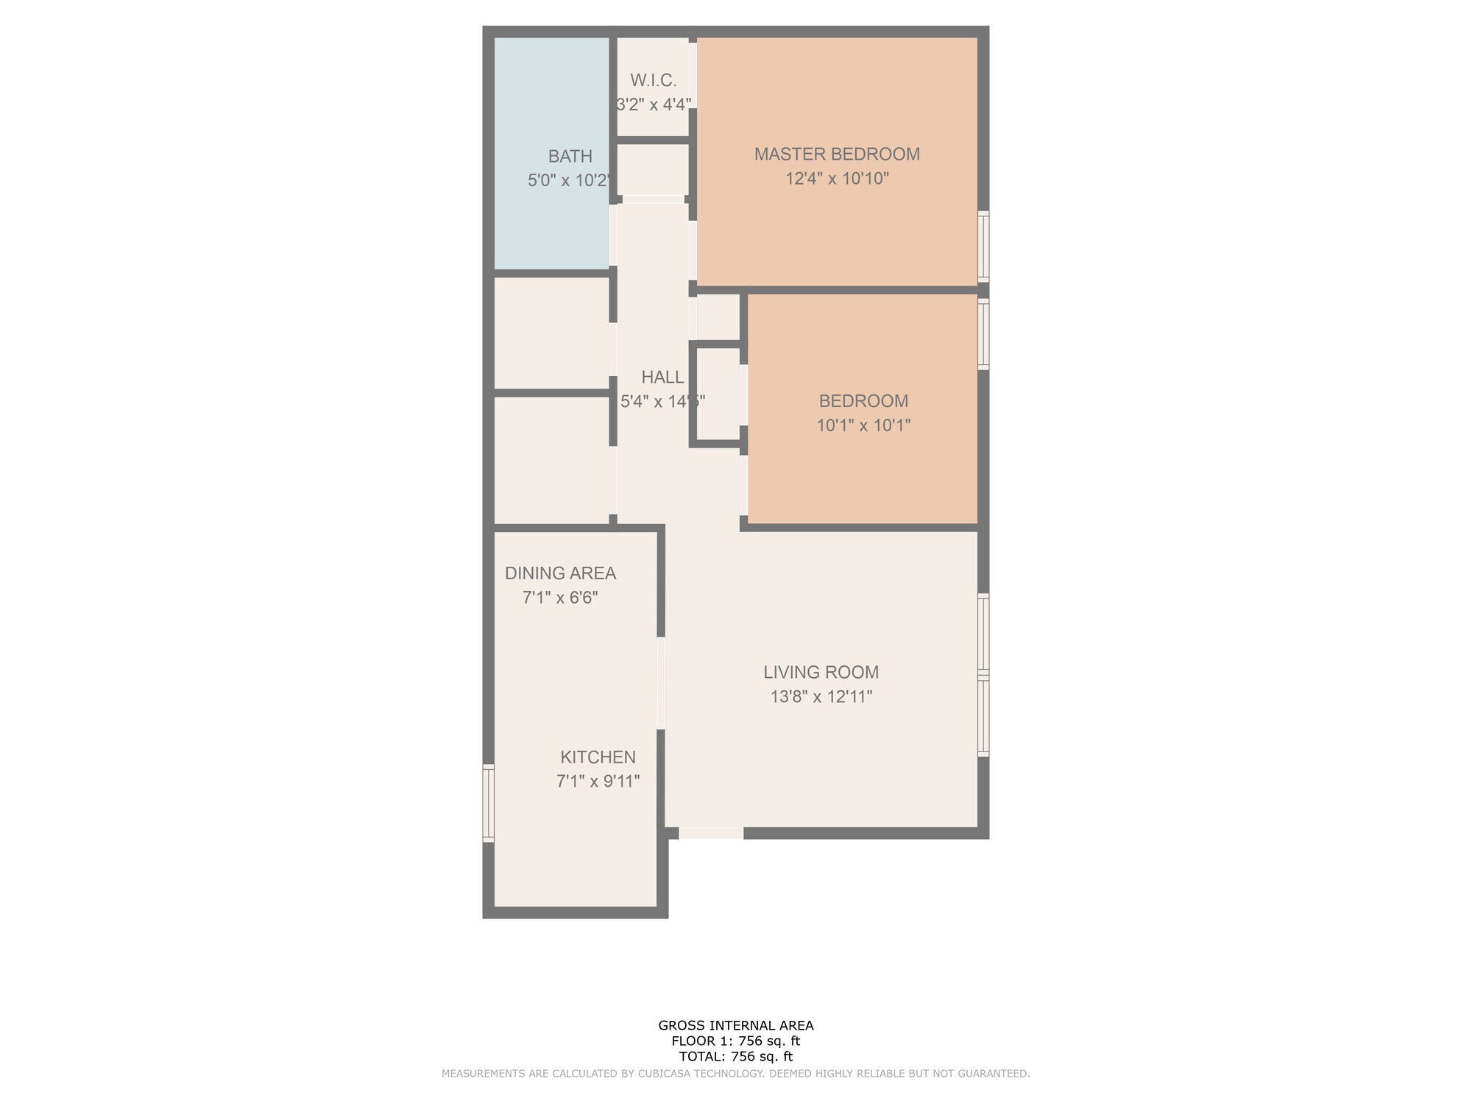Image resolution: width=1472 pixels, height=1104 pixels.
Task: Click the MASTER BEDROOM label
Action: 837,155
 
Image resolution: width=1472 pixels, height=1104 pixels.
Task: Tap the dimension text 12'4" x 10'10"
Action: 837,179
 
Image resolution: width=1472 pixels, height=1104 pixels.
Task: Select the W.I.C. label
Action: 653,80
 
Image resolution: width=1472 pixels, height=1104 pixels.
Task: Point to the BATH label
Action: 570,157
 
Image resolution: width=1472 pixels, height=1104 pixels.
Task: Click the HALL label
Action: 662,378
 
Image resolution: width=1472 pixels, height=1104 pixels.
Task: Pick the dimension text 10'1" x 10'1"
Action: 863,425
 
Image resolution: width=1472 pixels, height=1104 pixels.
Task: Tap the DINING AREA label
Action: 560,573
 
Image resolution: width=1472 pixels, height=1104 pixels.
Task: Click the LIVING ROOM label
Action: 821,672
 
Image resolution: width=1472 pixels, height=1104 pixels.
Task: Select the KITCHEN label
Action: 598,757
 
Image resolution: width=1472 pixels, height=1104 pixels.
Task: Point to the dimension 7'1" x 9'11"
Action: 598,782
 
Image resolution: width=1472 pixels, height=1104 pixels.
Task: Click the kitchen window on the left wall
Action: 488,803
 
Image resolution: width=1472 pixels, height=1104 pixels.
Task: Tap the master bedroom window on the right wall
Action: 983,247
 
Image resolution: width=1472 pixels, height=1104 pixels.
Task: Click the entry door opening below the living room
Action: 710,833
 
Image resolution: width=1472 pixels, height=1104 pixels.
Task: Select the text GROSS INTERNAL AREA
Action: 735,1025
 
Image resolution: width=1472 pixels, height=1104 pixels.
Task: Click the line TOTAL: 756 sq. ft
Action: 735,1057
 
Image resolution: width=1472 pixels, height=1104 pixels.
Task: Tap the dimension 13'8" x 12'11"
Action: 821,696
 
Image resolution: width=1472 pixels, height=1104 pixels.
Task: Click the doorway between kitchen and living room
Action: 661,683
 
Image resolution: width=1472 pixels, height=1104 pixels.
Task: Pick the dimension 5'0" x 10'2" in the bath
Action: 568,181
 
